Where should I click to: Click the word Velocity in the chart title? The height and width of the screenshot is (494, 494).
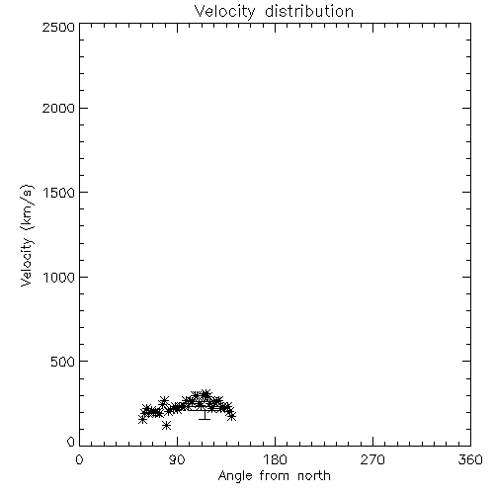pyautogui.click(x=225, y=12)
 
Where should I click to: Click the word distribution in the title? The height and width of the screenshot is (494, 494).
pyautogui.click(x=309, y=11)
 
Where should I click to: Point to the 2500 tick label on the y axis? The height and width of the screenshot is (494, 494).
pyautogui.click(x=59, y=27)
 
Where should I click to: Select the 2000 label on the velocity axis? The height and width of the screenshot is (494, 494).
pyautogui.click(x=59, y=108)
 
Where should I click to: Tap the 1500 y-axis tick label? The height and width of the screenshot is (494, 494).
pyautogui.click(x=59, y=193)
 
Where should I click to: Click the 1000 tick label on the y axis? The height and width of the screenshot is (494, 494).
pyautogui.click(x=59, y=277)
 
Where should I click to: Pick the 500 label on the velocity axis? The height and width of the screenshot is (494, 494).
pyautogui.click(x=63, y=362)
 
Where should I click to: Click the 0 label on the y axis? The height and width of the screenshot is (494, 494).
pyautogui.click(x=71, y=442)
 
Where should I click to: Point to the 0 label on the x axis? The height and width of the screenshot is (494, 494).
pyautogui.click(x=79, y=459)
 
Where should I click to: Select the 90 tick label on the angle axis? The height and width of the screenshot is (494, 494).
pyautogui.click(x=177, y=459)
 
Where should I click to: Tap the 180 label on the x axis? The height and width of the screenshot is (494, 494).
pyautogui.click(x=275, y=459)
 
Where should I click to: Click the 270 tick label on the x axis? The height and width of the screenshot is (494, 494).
pyautogui.click(x=372, y=459)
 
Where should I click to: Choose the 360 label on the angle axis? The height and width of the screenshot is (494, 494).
pyautogui.click(x=470, y=459)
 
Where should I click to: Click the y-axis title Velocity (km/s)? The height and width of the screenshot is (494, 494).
pyautogui.click(x=27, y=236)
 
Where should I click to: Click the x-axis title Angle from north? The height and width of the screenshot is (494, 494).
pyautogui.click(x=275, y=476)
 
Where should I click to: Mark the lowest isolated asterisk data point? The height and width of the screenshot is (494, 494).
pyautogui.click(x=167, y=426)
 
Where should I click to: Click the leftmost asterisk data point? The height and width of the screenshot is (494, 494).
pyautogui.click(x=142, y=420)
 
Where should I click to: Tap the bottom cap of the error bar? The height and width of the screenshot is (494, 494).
pyautogui.click(x=205, y=419)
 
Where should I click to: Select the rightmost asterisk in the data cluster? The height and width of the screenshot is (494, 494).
pyautogui.click(x=232, y=417)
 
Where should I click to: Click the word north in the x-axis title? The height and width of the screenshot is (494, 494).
pyautogui.click(x=314, y=475)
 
